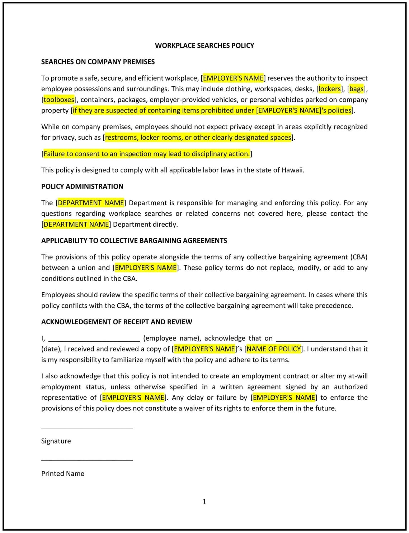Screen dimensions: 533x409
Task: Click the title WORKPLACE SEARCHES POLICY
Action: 204,45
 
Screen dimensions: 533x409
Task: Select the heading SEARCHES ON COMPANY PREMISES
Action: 98,62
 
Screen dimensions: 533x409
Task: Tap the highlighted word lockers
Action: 329,89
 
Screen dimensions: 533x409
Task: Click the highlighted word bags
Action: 356,89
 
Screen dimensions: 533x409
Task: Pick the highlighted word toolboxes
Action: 59,100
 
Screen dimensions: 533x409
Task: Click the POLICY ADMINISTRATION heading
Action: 82,186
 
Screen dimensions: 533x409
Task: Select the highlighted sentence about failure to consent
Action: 146,154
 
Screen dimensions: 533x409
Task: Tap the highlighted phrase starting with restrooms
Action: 198,138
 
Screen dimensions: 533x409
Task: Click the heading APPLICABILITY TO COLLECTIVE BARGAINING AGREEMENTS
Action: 134,241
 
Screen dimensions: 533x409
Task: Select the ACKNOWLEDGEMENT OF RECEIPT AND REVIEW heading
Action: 117,322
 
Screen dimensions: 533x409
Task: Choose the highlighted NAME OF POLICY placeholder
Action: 274,349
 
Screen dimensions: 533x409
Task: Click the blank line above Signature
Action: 87,427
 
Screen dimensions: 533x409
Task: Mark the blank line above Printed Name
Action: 87,460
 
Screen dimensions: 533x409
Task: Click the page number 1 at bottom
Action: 204,502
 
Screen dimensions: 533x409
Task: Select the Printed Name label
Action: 63,474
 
